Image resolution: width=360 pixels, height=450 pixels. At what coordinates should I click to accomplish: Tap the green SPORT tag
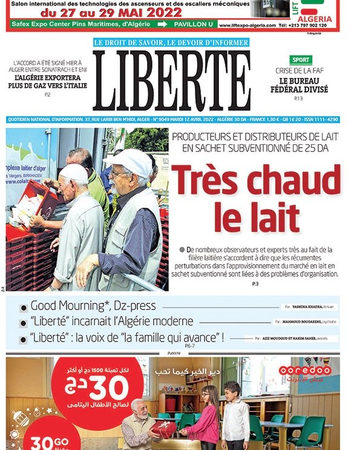(301, 60)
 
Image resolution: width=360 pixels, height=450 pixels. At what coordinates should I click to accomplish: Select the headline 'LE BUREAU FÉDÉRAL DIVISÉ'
(303, 85)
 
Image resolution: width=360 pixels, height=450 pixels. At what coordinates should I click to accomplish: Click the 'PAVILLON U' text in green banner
(192, 25)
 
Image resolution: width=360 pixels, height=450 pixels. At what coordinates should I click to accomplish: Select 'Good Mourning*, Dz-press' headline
(93, 306)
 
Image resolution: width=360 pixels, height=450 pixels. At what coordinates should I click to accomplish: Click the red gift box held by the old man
(164, 428)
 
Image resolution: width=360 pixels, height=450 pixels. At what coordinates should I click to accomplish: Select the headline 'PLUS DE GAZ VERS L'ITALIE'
(50, 85)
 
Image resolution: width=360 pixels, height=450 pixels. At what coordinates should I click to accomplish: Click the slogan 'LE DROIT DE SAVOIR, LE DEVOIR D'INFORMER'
(171, 42)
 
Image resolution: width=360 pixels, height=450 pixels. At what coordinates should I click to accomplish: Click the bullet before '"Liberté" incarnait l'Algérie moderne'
(23, 323)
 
